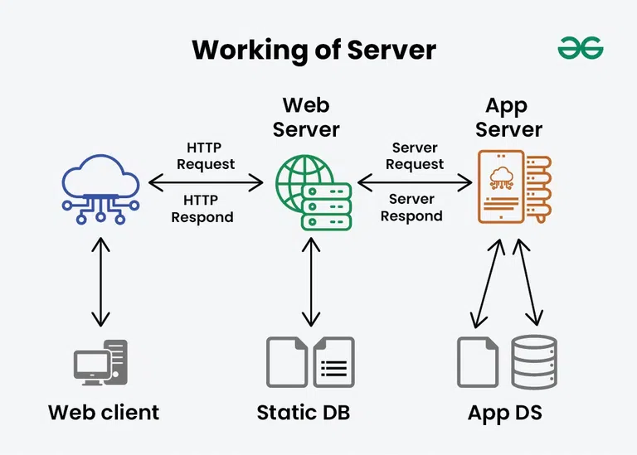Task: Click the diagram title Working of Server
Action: point(314,50)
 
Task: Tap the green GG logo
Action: point(581,49)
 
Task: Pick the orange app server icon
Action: point(513,186)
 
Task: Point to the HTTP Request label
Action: point(206,156)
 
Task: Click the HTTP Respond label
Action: point(202,208)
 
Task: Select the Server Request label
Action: point(415,156)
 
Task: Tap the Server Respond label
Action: point(412,207)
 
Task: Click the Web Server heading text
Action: point(306,117)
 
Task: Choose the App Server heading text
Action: point(509,117)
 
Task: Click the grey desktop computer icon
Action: point(100,362)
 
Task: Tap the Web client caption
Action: point(104,412)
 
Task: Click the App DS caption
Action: point(505,412)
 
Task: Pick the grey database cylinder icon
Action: point(533,362)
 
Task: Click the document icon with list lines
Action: point(333,362)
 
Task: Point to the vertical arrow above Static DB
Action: point(312,282)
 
